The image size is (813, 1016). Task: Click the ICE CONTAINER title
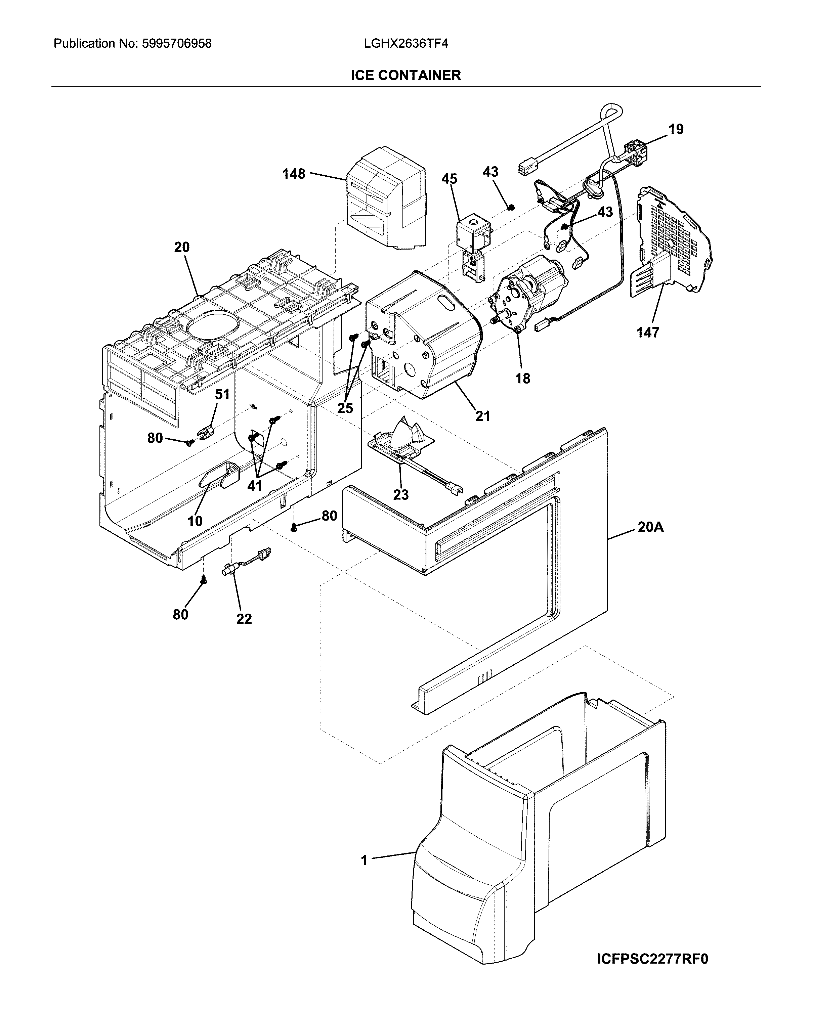(x=406, y=75)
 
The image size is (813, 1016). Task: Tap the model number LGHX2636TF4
(x=406, y=44)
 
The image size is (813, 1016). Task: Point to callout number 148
(x=294, y=174)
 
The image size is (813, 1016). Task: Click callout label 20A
(x=650, y=527)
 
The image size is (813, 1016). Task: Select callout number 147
(x=648, y=333)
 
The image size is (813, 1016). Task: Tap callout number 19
(x=676, y=129)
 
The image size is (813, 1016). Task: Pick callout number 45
(x=449, y=179)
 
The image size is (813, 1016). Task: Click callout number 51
(x=222, y=394)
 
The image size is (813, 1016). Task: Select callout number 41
(x=255, y=485)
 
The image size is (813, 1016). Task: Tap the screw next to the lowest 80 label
(x=204, y=581)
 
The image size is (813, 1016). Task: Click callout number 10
(x=195, y=521)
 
